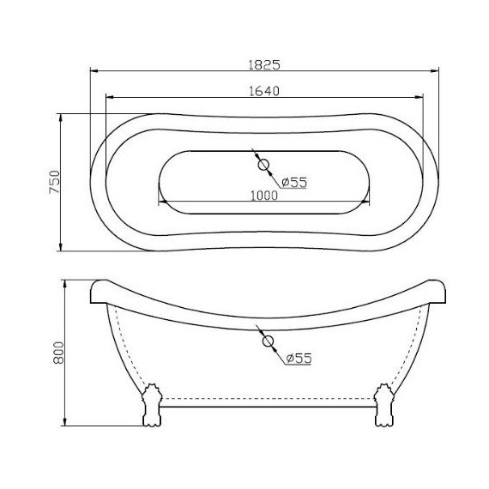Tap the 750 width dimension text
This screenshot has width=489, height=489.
[53, 183]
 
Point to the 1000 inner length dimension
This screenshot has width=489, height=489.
[264, 196]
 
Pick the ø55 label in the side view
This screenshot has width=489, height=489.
[298, 358]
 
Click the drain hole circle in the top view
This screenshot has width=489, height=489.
[264, 165]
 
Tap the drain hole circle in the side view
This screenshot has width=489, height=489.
[268, 341]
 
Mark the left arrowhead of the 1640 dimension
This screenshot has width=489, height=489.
[109, 97]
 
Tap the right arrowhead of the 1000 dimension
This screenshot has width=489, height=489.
[366, 202]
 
